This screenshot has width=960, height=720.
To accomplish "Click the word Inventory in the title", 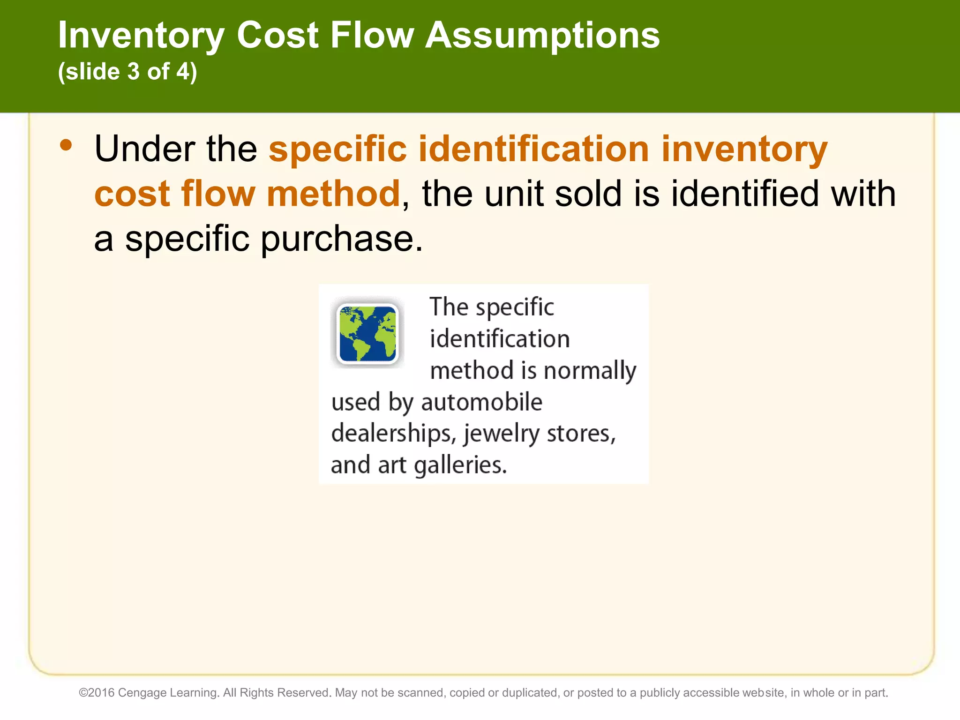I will [x=141, y=36].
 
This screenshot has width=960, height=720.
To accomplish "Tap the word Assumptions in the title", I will [x=542, y=36].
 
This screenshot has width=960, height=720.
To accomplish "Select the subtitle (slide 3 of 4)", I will [x=127, y=72].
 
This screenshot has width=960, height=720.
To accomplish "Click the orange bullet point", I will [x=66, y=145].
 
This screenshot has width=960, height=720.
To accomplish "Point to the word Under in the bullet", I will [x=145, y=149].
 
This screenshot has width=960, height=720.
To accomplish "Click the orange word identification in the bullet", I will [x=533, y=149].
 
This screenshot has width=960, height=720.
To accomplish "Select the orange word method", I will [x=333, y=194].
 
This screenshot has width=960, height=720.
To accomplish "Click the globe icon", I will [x=367, y=333].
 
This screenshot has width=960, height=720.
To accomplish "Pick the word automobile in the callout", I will [x=481, y=402].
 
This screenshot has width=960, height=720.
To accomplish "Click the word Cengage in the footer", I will [x=142, y=693].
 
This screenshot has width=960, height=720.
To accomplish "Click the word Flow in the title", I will [x=372, y=36].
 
